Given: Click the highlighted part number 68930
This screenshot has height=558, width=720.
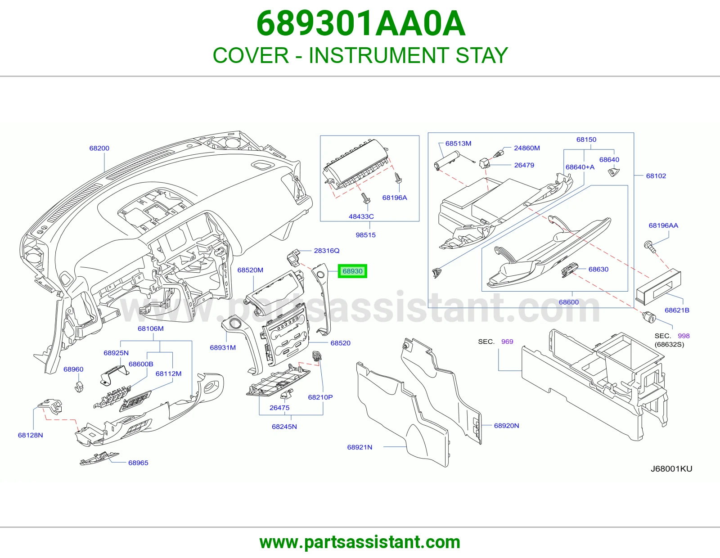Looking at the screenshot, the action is coord(352,271).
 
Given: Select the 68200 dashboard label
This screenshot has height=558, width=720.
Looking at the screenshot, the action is coord(99,148).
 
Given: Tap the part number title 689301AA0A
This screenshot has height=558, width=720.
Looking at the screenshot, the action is coord(361,24).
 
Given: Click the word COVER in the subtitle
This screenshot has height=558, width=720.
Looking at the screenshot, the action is coord(251,55).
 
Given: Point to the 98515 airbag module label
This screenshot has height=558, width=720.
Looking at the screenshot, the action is coord(365,235).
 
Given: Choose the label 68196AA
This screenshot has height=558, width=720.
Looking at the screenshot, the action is coord(663,225).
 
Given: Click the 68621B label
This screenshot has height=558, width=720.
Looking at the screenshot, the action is coord(677,310).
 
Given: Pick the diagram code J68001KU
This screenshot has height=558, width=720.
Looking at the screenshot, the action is coord(671,468).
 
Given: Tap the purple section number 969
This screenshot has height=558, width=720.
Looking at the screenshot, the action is coord(507,341).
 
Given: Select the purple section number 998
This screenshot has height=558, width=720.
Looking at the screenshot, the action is coord(684,336).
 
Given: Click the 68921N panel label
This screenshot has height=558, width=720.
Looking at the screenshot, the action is coord(360,447).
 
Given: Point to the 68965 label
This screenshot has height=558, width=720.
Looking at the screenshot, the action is coord(138,463).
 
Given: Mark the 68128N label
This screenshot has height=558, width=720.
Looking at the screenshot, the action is coord(31,435).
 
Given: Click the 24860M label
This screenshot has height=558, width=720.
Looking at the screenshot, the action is coord(527,148).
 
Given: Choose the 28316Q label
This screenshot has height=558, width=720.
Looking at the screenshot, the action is coord(327,251).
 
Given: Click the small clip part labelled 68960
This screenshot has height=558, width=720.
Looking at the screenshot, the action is coord(79,386).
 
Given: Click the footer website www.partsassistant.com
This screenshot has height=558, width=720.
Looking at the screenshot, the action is coord(360,542).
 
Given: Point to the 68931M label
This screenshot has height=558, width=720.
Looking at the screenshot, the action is coord(223,347).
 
